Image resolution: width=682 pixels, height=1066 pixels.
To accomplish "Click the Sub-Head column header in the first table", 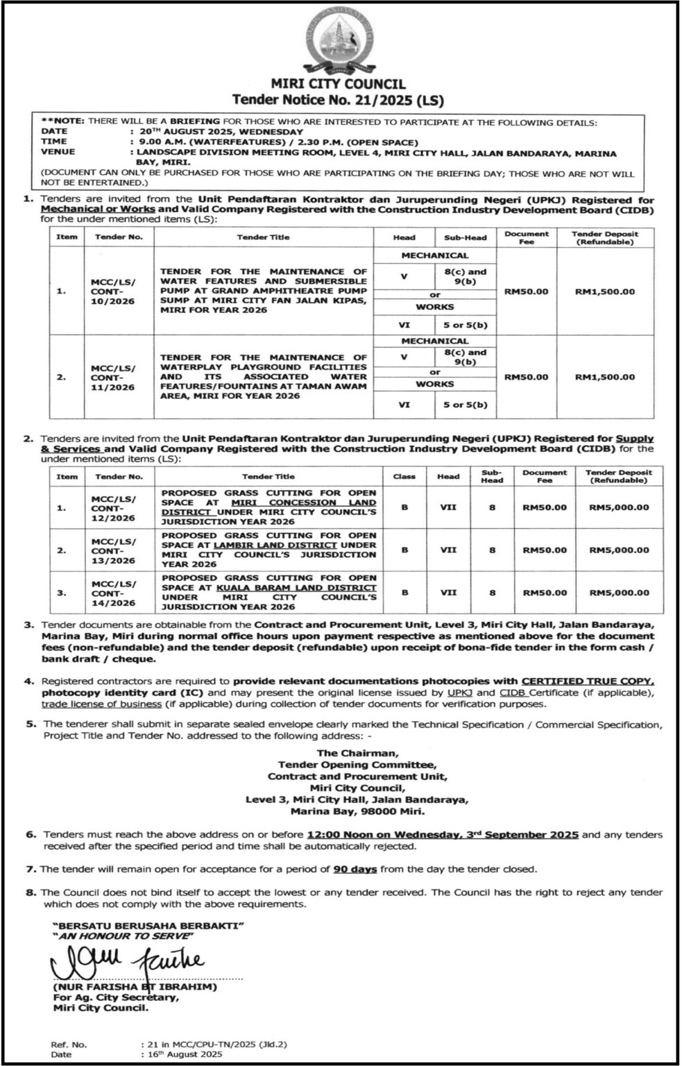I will (x=465, y=237).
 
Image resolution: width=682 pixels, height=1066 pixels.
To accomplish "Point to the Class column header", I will (x=404, y=477).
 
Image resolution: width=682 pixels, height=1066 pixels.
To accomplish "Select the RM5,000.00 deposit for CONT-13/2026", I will (x=619, y=550).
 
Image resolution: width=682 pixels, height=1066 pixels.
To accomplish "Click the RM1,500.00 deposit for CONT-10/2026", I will (x=604, y=291).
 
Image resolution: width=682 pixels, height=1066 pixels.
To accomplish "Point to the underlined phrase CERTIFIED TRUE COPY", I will (x=588, y=682).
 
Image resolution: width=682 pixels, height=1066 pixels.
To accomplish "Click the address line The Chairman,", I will (x=357, y=753).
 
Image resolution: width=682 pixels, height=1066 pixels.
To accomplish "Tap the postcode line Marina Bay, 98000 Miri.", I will (x=357, y=811).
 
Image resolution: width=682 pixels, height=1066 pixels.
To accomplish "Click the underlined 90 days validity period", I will (x=355, y=869).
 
